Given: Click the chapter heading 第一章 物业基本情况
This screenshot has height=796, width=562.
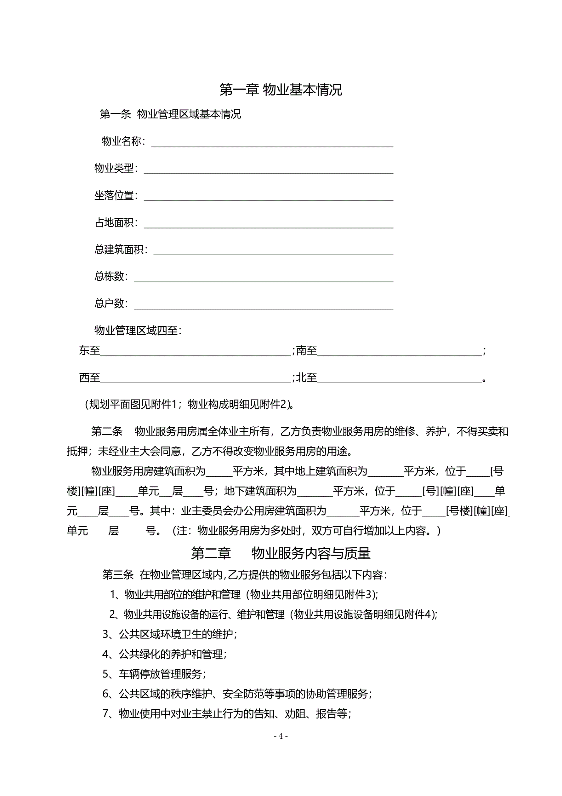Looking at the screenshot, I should click(x=281, y=90).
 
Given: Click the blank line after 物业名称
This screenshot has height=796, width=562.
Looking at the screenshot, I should click(x=272, y=143).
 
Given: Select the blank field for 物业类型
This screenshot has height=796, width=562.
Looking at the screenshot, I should click(x=269, y=170).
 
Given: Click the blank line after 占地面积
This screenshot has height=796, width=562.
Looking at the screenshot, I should click(x=269, y=224).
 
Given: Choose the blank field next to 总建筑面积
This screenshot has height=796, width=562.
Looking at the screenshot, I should click(x=273, y=251).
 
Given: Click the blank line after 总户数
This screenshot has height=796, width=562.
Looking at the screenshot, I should click(x=263, y=305).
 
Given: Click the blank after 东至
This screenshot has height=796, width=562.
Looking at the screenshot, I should click(x=196, y=352).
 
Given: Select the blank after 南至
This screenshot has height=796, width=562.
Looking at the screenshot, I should click(x=399, y=352).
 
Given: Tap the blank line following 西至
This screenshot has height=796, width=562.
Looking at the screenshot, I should click(x=196, y=379).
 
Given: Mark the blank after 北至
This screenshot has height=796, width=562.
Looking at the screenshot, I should click(x=399, y=379).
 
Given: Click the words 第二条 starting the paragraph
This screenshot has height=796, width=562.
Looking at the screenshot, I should click(x=107, y=431).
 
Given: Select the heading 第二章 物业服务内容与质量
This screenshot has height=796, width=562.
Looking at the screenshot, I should click(x=281, y=553).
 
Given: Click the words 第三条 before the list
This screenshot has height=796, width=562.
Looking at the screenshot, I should click(x=118, y=575).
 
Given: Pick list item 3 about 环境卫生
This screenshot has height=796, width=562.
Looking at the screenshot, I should click(x=170, y=634).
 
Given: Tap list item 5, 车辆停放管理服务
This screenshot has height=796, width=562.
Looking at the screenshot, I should click(x=154, y=674).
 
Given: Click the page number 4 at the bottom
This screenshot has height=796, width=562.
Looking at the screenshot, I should click(x=281, y=736).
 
